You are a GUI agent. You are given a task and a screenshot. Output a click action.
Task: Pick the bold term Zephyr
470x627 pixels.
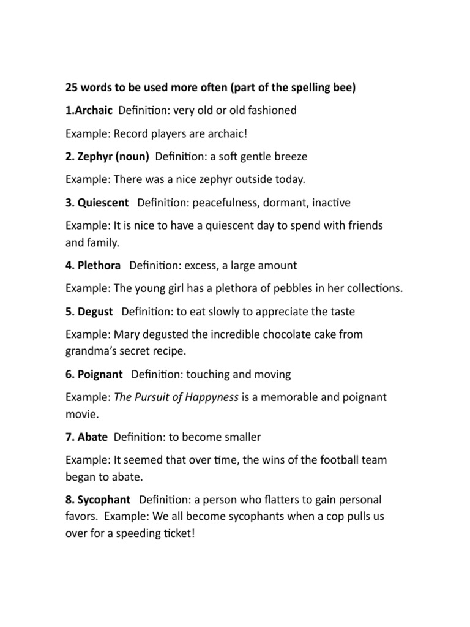click(94, 157)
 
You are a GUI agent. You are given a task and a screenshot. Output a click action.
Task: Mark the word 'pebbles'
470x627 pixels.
click(272, 288)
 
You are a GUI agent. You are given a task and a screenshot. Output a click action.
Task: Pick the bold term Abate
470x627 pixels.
click(92, 437)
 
